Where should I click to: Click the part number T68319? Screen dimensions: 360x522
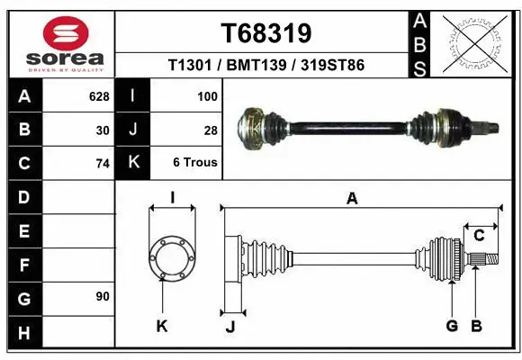266,33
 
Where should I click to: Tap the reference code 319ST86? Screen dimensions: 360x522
332,66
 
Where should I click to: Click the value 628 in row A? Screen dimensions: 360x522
98,95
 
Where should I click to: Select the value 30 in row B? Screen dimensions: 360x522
103,130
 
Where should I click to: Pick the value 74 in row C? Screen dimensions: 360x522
102,164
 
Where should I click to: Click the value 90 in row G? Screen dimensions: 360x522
102,296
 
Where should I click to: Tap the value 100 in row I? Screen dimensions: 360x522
206,95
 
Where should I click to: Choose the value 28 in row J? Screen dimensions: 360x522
211,130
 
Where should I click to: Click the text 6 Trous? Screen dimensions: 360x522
195,163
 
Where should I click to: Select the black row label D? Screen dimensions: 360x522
24,196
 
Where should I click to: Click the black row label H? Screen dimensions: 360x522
24,334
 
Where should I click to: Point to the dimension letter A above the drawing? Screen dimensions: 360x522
352,199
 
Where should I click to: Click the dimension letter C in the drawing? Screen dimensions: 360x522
480,236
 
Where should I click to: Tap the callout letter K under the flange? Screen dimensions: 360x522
162,326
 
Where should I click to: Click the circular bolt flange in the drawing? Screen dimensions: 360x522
171,258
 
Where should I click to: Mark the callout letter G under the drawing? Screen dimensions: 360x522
452,326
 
